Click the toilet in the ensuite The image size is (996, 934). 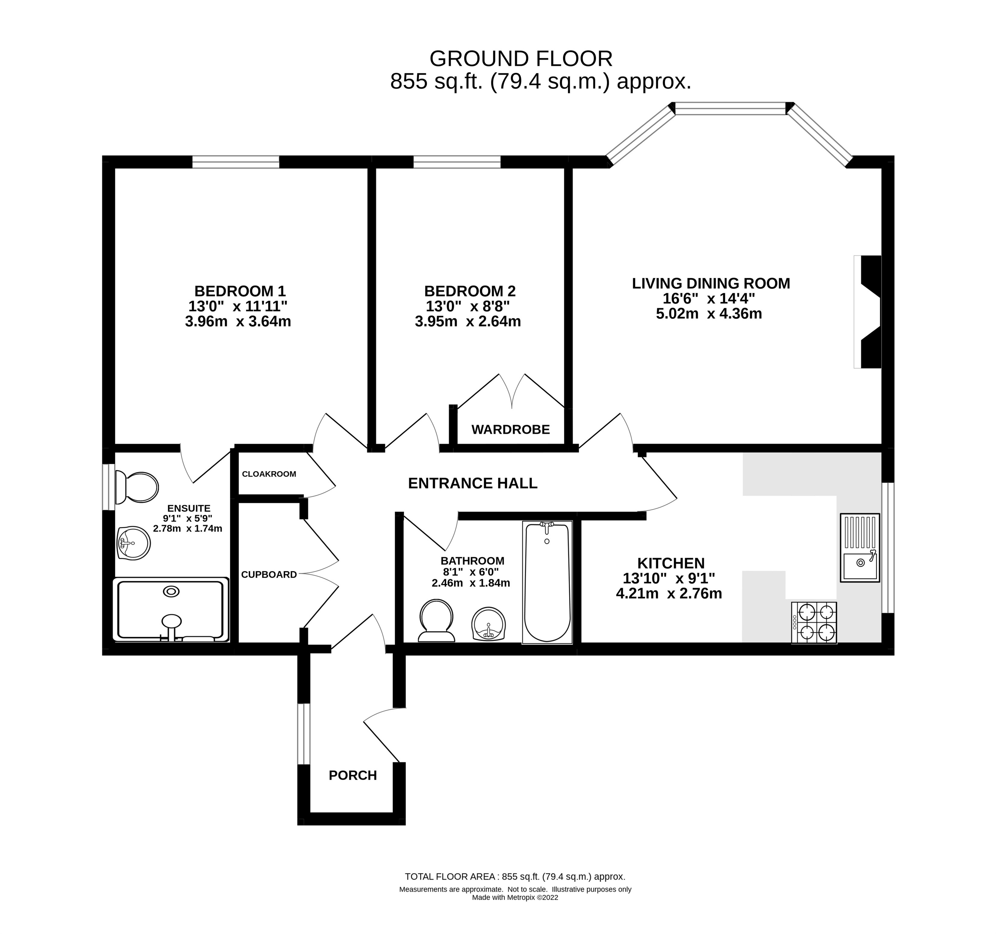tap(136, 487)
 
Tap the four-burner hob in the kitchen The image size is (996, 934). tap(814, 623)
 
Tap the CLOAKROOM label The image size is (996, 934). tap(269, 474)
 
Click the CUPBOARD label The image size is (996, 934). tap(269, 574)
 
